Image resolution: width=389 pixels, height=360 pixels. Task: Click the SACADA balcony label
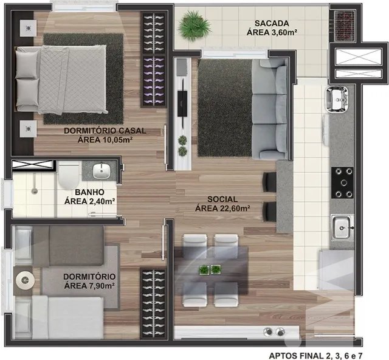(272, 23)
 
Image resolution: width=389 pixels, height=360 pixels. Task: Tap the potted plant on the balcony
(194, 25)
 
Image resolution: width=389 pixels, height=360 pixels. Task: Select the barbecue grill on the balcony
(343, 26)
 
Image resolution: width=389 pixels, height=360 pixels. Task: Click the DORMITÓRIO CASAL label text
(105, 131)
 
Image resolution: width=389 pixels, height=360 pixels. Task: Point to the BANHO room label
(89, 192)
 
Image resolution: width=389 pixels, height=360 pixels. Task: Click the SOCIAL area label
(222, 199)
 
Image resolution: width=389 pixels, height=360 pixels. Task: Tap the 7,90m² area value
(102, 286)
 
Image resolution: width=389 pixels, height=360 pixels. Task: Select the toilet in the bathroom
(69, 175)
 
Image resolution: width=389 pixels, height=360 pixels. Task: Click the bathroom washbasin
(102, 170)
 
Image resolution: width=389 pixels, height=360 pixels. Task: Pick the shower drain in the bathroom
(35, 191)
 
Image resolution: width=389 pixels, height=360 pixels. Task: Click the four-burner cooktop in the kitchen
(342, 182)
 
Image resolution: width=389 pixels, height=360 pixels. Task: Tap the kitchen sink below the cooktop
(342, 227)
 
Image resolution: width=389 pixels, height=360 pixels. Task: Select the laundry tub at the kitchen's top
(337, 98)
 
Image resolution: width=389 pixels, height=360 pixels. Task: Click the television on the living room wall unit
(183, 103)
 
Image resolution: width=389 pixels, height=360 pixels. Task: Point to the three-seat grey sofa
(270, 109)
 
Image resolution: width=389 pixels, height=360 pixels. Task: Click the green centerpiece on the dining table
(210, 269)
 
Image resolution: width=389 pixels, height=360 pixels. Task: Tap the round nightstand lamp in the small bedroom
(25, 280)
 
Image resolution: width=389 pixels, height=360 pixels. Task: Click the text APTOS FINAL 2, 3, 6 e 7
(317, 355)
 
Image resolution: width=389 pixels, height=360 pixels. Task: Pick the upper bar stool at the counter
(269, 182)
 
